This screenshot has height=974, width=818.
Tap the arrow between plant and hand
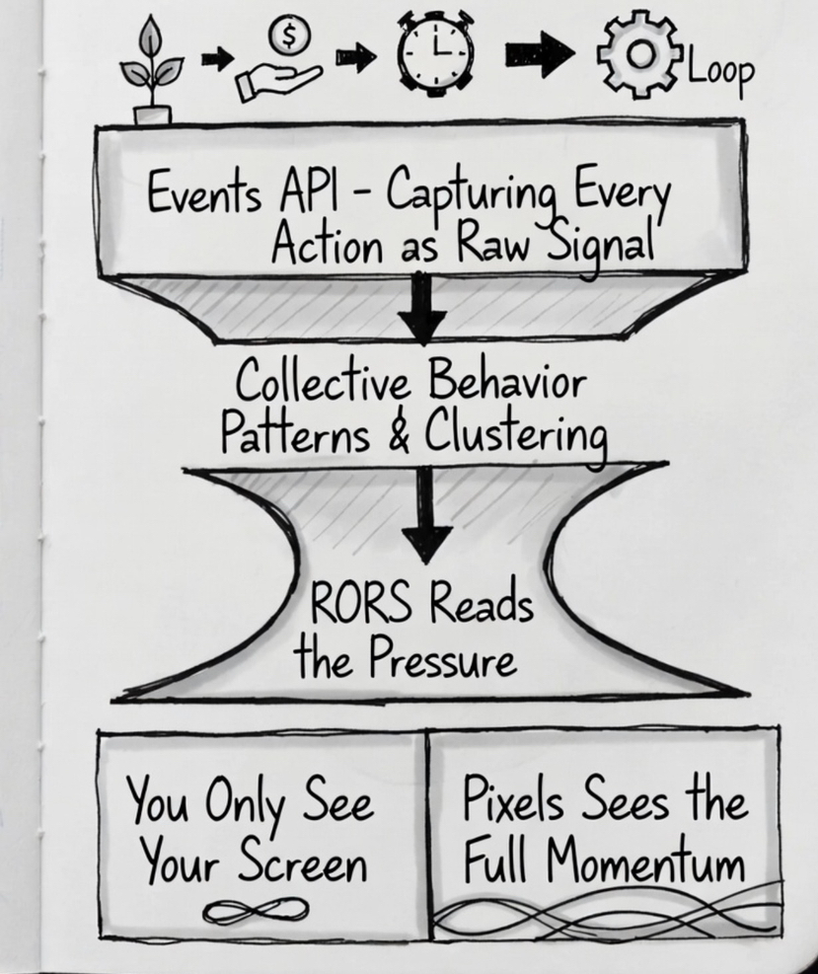tap(216, 60)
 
